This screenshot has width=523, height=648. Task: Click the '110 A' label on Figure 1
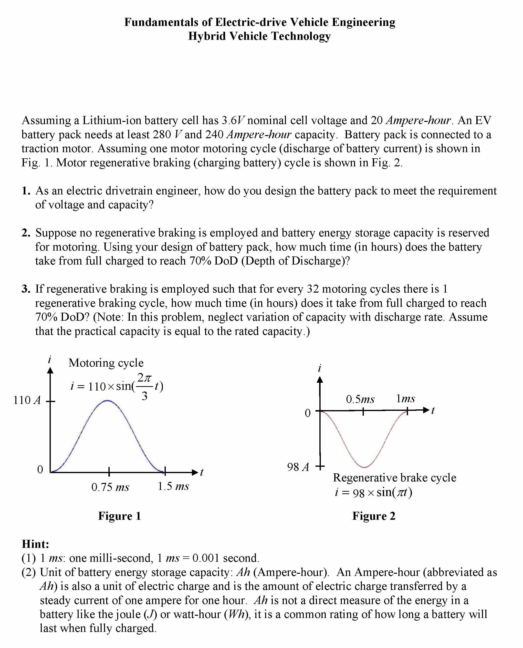pos(27,400)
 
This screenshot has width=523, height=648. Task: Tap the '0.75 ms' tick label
pos(110,487)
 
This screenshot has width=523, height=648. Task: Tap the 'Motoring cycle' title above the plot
pos(106,362)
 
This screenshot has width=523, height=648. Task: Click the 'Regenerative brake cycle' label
pos(394,478)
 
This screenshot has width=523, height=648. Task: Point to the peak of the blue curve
pos(108,401)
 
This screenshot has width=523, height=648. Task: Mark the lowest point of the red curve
pos(364,467)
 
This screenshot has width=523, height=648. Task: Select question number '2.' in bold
pos(26,233)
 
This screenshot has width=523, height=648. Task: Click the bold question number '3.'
pos(26,289)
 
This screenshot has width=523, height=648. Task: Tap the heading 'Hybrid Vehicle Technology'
pos(259,36)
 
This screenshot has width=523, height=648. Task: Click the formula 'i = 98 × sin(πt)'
pos(374,492)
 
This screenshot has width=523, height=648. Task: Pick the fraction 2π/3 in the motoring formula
pos(145,387)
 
